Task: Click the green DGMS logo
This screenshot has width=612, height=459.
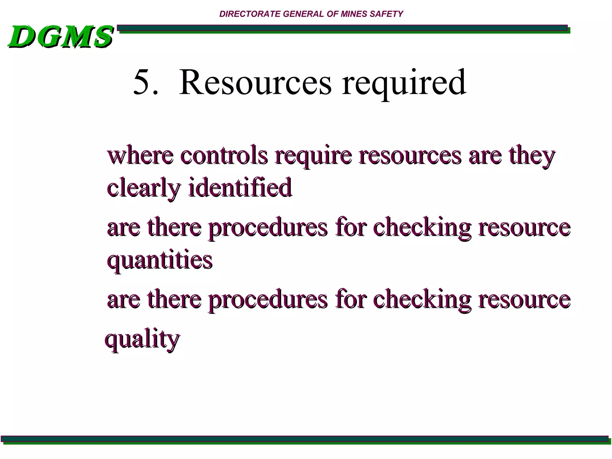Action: click(61, 37)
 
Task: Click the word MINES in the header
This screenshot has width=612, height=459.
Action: click(354, 14)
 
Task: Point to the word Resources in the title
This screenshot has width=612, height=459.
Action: click(255, 82)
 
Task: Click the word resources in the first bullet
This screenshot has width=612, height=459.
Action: click(410, 156)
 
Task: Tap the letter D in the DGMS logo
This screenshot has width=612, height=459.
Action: click(22, 37)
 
